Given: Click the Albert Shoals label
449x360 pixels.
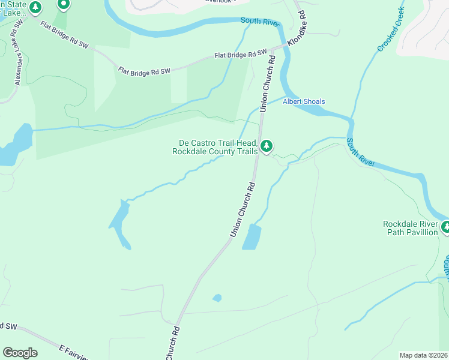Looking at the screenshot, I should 304,101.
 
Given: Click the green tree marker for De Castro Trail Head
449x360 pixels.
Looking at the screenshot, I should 267,146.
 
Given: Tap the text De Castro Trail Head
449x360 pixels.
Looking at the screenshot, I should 218,143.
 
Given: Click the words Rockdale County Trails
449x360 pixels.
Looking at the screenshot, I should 215,152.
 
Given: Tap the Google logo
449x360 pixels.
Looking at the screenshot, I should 20,353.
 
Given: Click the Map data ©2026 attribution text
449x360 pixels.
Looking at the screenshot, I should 423,355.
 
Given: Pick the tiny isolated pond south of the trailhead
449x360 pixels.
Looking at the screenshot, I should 217,298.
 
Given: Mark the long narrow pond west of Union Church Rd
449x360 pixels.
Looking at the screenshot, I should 120,223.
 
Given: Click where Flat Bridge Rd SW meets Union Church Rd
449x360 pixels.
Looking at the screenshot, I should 272,49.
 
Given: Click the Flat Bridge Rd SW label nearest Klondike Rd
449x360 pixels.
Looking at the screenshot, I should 241,55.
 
